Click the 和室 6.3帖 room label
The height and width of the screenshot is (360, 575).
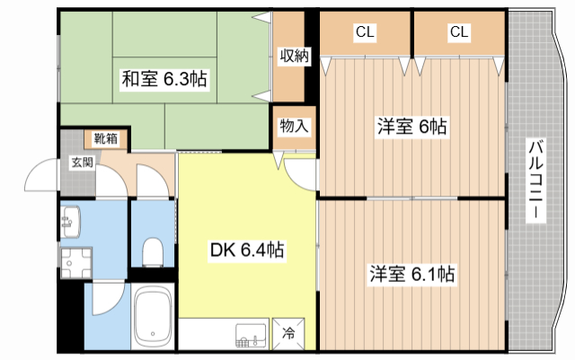click(x=164, y=80)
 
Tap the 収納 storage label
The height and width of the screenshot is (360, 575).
click(x=293, y=56)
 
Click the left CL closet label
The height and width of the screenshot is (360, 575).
click(x=365, y=33)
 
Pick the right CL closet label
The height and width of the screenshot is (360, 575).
click(x=459, y=33)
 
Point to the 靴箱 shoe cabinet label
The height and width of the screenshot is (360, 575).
click(x=106, y=139)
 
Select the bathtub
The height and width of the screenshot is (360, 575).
click(x=154, y=319)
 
